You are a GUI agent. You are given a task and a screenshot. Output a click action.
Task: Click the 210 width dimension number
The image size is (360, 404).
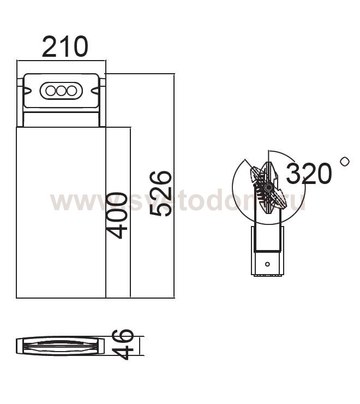tap(64, 47)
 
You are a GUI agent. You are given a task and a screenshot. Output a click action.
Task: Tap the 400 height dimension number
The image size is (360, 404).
tap(118, 215)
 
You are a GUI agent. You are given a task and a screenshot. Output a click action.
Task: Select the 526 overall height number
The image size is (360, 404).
tap(161, 193)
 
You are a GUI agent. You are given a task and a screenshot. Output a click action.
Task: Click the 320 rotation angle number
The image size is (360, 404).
tap(309, 174)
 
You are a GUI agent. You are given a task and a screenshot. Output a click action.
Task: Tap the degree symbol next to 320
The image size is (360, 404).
tap(344, 162)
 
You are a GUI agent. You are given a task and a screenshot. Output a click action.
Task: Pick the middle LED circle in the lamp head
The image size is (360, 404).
tap(61, 91)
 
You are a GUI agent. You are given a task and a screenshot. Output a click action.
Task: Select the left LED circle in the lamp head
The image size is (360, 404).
tap(51, 91)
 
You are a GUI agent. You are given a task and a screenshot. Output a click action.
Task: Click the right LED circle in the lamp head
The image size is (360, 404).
tap(71, 91)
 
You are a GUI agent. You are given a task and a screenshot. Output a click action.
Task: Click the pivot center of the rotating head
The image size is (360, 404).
tap(268, 187)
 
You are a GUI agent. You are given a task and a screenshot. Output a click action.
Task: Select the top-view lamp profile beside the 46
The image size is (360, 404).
tap(60, 346)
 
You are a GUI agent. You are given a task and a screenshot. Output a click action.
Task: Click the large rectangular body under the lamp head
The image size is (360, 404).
tap(61, 213)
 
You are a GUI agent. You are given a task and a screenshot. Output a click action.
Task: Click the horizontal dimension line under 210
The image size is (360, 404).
tap(61, 61)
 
